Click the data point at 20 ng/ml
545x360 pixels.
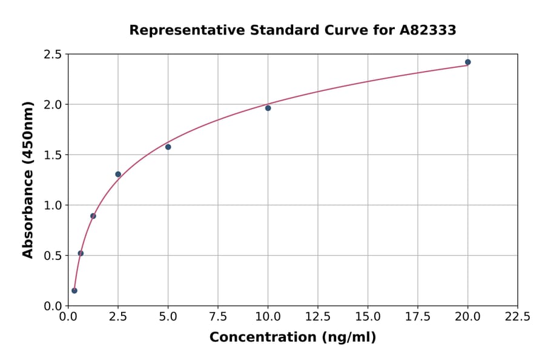coord(467,62)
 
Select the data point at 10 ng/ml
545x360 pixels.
coord(268,108)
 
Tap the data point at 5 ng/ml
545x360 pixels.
coord(168,147)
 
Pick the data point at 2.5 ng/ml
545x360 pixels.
coord(118,174)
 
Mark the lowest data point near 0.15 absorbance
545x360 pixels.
coord(74,290)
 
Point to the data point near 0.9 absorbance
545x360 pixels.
coord(93,216)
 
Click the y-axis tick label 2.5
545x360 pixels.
coord(52,55)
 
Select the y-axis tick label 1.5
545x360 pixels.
coord(52,155)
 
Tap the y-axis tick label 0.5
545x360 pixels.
coord(52,256)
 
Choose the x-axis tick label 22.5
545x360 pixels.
coord(517,316)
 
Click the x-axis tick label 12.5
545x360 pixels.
coord(318,316)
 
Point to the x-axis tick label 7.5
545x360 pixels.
coord(218,316)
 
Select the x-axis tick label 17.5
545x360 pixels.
coord(418,316)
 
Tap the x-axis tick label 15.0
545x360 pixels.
coord(368,316)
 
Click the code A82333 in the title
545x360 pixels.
coord(428,30)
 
